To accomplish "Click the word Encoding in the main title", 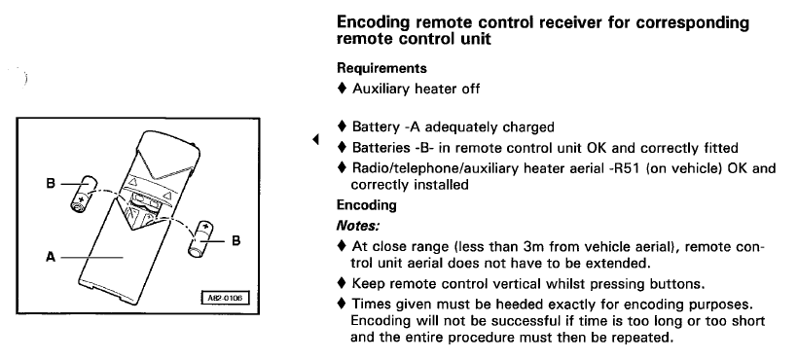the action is [374, 23].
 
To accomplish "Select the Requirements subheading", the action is [381, 68].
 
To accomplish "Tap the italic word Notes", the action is [358, 226].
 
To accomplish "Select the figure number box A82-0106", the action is [226, 299].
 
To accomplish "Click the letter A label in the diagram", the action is [51, 257].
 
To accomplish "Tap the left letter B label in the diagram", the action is [51, 183].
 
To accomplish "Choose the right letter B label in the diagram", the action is [236, 240].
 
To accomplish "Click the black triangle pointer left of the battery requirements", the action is [316, 139].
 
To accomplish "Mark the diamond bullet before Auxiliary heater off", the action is [342, 89].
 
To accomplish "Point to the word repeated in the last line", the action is [645, 337].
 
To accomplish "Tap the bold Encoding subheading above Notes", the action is [367, 205].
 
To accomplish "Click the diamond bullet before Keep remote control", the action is [342, 284].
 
